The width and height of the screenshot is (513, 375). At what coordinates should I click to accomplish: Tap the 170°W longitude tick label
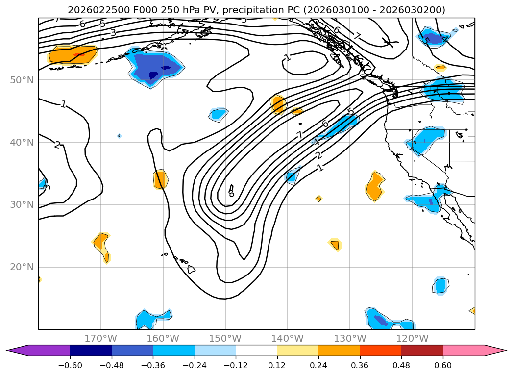100,339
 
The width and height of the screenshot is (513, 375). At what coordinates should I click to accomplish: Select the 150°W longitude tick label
225,339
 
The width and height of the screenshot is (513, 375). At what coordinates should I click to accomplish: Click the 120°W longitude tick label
413,339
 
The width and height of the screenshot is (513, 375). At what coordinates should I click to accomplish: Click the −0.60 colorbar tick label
70,365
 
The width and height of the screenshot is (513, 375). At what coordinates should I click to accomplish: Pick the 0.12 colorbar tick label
277,365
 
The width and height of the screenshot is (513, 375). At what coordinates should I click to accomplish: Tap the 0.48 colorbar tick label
401,365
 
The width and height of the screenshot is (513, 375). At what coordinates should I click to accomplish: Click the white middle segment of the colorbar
256,350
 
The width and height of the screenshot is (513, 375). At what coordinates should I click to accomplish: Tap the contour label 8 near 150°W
231,194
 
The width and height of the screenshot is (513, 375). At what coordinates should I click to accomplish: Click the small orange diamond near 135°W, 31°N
319,199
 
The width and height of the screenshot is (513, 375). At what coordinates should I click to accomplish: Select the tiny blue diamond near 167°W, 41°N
119,136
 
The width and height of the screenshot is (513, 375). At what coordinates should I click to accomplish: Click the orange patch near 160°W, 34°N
160,179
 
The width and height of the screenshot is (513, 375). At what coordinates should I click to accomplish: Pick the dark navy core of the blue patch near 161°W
153,75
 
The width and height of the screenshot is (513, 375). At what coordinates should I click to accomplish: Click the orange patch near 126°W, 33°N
375,186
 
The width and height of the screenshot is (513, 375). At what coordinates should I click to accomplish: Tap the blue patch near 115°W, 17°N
440,285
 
